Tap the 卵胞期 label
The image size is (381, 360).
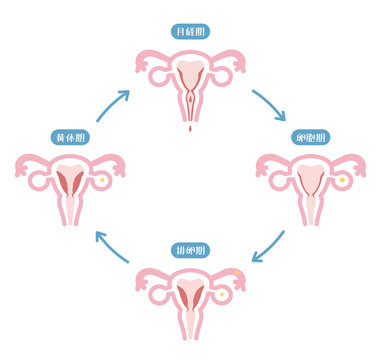pyautogui.click(x=312, y=137)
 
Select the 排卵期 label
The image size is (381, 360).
pyautogui.click(x=189, y=249)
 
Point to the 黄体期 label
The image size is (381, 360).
pyautogui.click(x=67, y=137)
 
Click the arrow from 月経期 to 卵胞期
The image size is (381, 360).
pyautogui.click(x=269, y=102)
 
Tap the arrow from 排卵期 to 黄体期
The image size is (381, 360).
pyautogui.click(x=111, y=249)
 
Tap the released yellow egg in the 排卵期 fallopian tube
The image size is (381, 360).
pyautogui.click(x=236, y=271)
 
